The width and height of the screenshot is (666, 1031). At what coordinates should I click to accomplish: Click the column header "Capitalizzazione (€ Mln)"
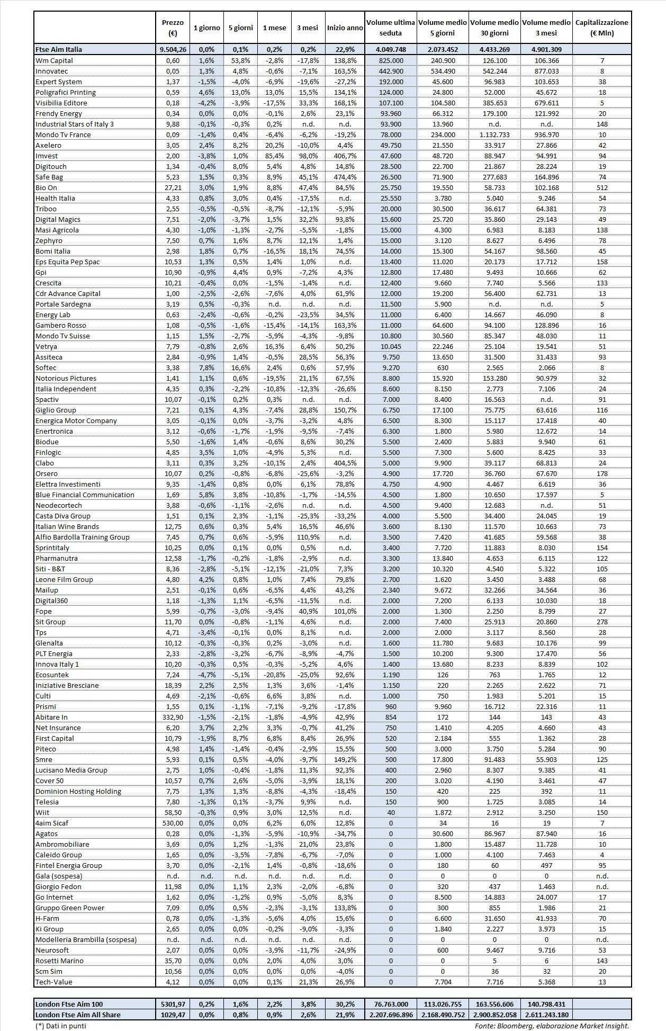click(x=601, y=28)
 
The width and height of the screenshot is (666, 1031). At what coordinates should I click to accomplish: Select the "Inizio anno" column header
click(x=345, y=28)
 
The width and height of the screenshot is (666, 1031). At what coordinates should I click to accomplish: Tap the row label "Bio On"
click(x=46, y=187)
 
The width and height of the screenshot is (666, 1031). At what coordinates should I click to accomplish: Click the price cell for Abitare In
click(x=173, y=717)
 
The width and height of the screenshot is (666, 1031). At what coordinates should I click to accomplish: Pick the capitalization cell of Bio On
click(x=601, y=187)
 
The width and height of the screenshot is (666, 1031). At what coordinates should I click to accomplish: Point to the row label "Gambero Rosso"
click(x=60, y=325)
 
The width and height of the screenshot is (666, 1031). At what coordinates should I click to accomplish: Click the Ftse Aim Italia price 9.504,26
click(x=173, y=49)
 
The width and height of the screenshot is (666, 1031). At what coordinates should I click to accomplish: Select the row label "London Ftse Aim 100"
click(x=69, y=1004)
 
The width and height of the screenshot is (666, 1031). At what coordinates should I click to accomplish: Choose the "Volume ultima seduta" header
click(x=391, y=28)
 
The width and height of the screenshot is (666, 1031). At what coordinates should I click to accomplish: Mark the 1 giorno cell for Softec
click(x=206, y=367)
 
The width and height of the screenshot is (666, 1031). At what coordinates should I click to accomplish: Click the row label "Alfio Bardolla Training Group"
click(x=82, y=537)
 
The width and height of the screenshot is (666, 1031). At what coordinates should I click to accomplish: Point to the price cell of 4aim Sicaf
click(x=173, y=823)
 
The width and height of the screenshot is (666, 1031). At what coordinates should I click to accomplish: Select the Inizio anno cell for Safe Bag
click(x=345, y=177)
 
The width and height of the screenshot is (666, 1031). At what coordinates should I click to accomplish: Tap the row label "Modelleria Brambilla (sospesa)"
click(x=86, y=939)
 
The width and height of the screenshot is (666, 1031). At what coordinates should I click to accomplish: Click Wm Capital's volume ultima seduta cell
click(x=391, y=60)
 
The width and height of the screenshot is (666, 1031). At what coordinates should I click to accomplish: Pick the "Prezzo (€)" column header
click(x=173, y=28)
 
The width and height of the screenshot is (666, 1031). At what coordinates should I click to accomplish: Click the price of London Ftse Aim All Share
click(x=173, y=1015)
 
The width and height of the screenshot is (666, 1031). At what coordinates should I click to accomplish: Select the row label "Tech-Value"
click(x=53, y=982)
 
